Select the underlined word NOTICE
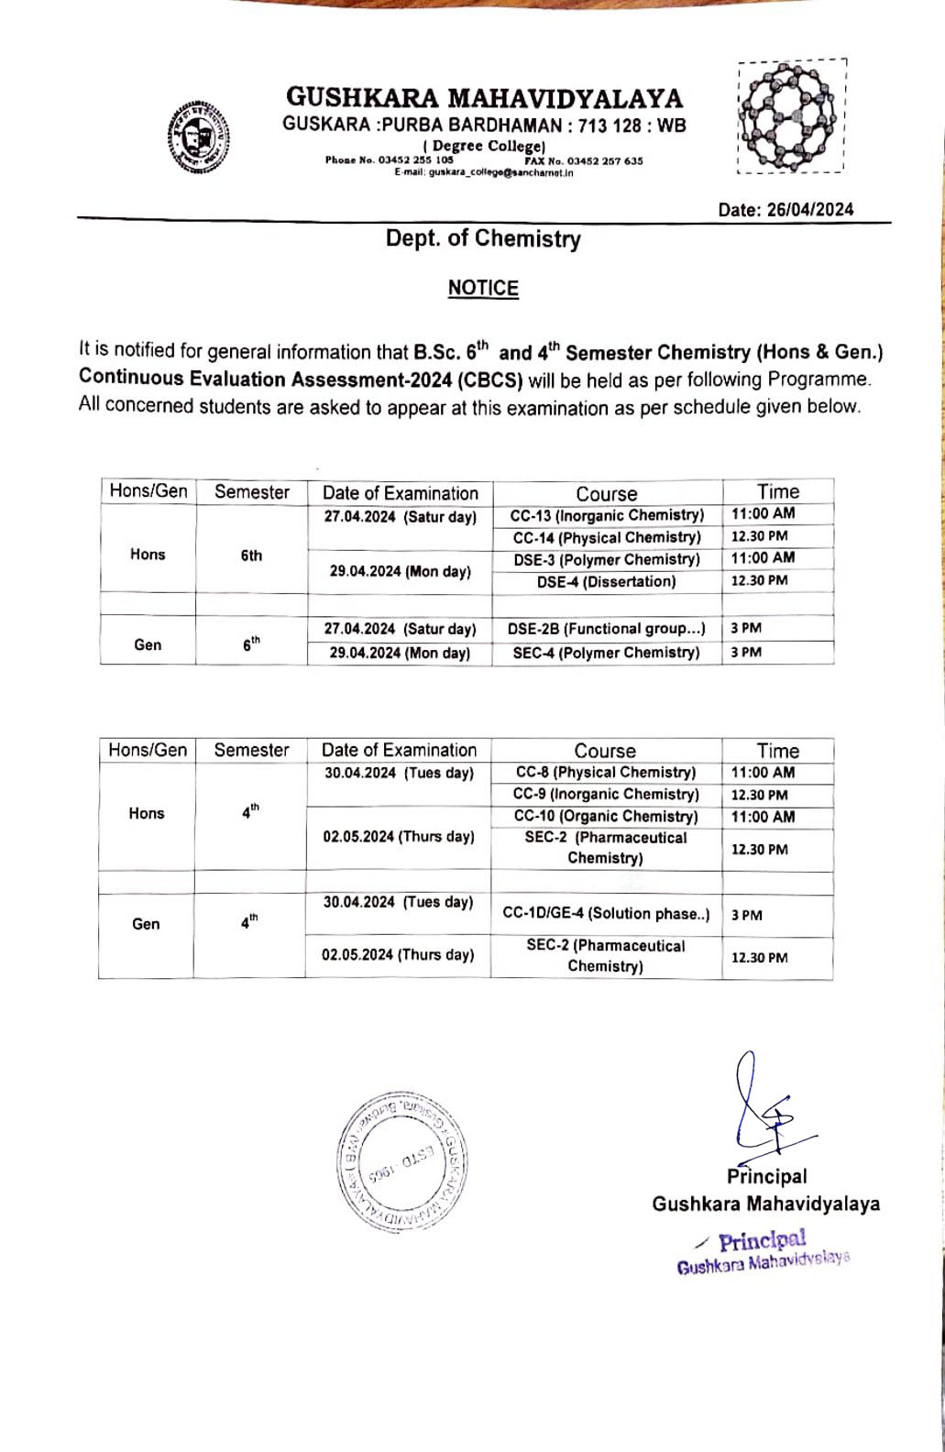point(483,288)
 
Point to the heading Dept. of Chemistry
point(483,239)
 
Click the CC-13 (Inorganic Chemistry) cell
point(607,515)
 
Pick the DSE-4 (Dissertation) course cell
point(607,581)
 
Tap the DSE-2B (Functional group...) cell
point(607,629)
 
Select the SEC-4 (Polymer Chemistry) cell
point(607,653)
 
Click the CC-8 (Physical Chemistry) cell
point(606,773)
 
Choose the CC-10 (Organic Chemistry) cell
point(606,817)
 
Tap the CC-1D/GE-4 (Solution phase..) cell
point(606,914)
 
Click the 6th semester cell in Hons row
point(251,555)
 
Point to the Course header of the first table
point(607,493)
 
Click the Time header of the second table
point(777,751)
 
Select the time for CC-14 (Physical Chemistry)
point(759,536)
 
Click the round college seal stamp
point(403,1161)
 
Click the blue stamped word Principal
point(762,1241)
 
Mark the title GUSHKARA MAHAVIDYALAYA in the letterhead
point(484,98)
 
